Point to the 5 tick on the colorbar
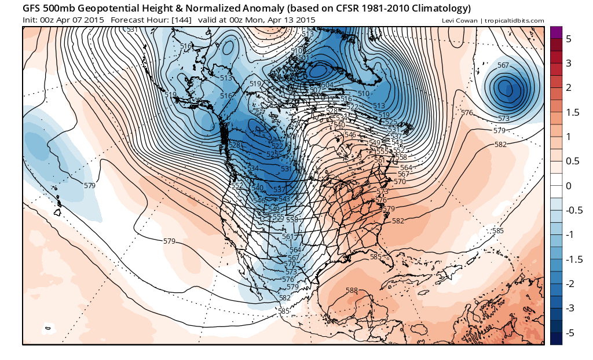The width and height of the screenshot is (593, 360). [x=569, y=38]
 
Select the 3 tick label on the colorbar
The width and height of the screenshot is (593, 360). [x=569, y=63]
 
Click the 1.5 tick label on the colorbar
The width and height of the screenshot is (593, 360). [x=572, y=112]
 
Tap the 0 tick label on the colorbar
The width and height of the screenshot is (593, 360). [x=569, y=186]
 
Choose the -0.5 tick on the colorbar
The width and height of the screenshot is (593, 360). [x=573, y=210]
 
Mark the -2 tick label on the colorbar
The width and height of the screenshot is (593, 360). [x=570, y=284]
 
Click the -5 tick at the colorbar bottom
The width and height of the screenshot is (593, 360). [x=570, y=333]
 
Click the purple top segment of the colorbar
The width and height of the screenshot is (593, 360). [x=556, y=32]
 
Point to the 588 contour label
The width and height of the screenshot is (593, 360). [x=352, y=290]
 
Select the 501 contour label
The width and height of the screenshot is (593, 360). [x=302, y=58]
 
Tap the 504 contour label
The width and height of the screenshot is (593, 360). [x=327, y=85]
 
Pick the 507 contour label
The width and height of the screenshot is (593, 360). [x=315, y=90]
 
